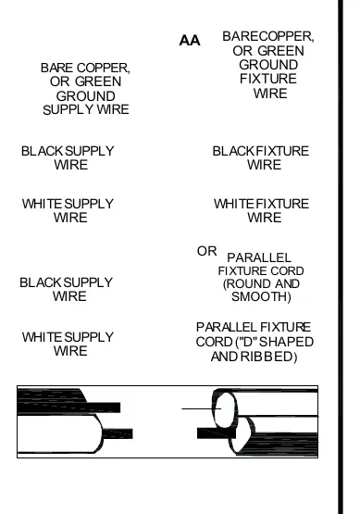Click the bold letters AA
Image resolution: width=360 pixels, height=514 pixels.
190,41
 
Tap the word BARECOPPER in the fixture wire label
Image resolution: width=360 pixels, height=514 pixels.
267,36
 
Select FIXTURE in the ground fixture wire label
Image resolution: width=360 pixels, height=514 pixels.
268,79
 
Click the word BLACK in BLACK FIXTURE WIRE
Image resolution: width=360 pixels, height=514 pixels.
233,151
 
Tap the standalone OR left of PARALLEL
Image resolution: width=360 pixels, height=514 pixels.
206,251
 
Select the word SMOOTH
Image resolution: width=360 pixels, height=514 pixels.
261,296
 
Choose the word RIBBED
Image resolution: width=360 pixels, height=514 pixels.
268,357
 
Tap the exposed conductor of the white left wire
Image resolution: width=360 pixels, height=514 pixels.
118,433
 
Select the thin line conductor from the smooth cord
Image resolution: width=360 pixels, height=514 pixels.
201,408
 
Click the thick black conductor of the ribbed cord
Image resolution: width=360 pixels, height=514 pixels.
217,433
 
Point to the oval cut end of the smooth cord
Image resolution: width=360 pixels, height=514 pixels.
226,409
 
